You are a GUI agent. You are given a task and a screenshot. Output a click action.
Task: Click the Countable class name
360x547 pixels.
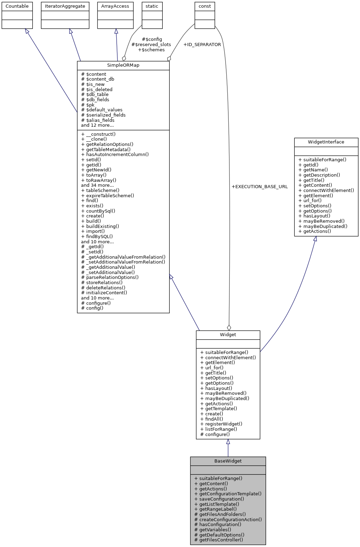point(17,6)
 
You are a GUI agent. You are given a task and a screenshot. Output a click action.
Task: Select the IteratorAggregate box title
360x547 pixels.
point(65,6)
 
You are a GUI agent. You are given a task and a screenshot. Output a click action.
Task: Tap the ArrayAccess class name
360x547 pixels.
point(115,6)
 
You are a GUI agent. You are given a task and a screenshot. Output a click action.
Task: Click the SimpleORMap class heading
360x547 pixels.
point(123,66)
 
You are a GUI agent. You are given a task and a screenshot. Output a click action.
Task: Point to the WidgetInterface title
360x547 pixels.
point(326,142)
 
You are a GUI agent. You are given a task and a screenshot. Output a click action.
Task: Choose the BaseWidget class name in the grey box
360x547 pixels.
point(228,461)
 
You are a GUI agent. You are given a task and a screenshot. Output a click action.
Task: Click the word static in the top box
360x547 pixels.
point(152,6)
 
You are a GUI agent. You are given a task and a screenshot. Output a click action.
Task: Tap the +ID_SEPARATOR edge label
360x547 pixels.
point(202,45)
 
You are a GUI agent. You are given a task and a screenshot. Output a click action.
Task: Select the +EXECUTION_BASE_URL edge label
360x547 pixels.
point(260,187)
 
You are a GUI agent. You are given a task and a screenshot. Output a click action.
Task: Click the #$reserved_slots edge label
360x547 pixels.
point(151,45)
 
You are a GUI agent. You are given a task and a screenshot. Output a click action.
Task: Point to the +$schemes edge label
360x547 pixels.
point(151,50)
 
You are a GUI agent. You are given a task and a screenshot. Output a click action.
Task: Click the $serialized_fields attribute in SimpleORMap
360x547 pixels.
point(103,115)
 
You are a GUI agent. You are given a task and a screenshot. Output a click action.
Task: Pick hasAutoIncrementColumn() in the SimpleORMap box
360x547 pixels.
point(115,154)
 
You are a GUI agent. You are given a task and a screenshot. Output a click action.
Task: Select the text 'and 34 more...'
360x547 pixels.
point(97,185)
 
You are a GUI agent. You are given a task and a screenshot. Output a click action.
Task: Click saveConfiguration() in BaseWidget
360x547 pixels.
point(219,499)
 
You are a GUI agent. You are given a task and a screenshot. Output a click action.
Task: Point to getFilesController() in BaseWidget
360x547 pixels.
point(219,540)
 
